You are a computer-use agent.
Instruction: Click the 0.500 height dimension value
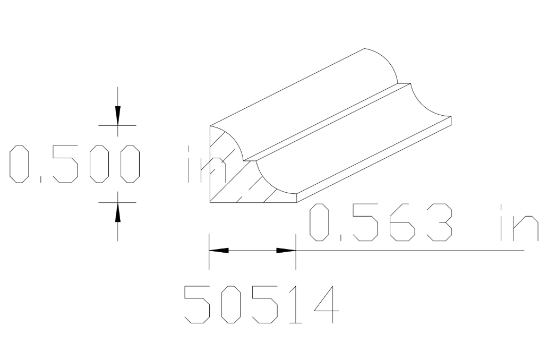point(74,164)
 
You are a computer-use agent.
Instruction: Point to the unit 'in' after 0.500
point(204,164)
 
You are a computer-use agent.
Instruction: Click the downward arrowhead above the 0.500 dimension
point(118,115)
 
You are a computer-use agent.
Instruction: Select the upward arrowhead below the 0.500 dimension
point(118,212)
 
